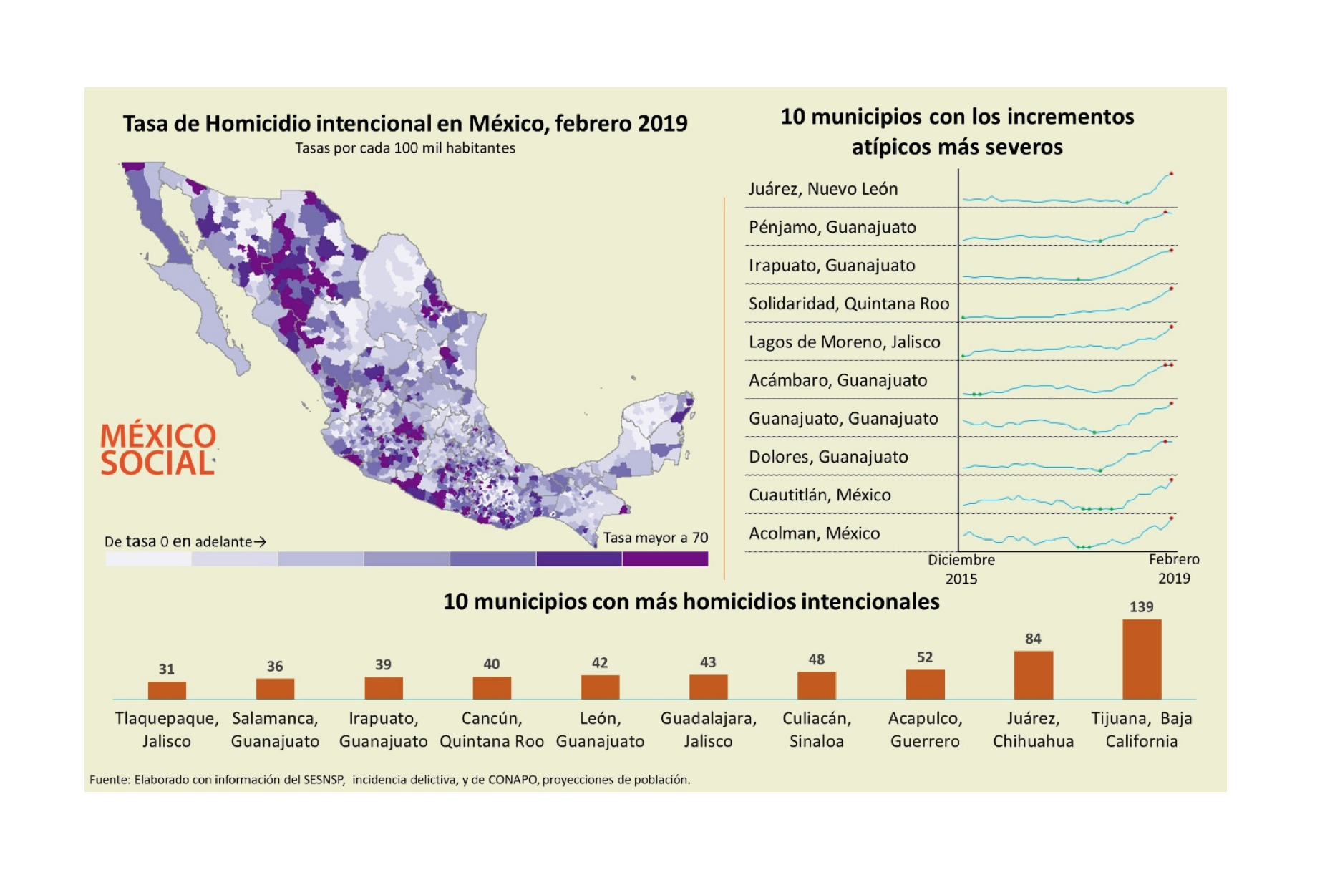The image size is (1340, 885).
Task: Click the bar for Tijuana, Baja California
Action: tap(1141, 659)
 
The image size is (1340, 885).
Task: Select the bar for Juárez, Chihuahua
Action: tap(1033, 674)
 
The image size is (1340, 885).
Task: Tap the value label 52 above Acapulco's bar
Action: tap(925, 657)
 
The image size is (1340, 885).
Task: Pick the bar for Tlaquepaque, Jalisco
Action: tap(167, 690)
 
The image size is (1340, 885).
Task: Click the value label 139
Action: tap(1141, 607)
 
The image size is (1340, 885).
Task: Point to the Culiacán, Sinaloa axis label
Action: tap(816, 730)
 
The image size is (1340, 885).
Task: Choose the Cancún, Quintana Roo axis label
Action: tap(492, 730)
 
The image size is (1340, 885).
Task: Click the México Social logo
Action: tap(157, 450)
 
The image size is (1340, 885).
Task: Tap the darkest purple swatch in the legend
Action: tap(665, 559)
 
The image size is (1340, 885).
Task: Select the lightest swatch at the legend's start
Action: tap(148, 559)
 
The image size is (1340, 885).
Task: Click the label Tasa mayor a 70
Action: tap(655, 538)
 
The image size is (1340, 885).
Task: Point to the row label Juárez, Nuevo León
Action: tap(823, 189)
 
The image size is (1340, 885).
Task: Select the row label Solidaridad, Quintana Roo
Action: tap(849, 304)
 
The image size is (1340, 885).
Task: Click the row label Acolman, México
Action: tap(814, 533)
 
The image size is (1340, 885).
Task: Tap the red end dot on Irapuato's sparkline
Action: tap(1172, 250)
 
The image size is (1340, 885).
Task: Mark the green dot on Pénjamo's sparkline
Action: tap(1100, 241)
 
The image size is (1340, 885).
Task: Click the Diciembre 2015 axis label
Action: tap(961, 569)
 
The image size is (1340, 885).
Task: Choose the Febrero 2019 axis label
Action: tap(1174, 569)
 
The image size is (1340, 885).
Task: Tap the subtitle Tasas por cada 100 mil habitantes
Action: tap(405, 148)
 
